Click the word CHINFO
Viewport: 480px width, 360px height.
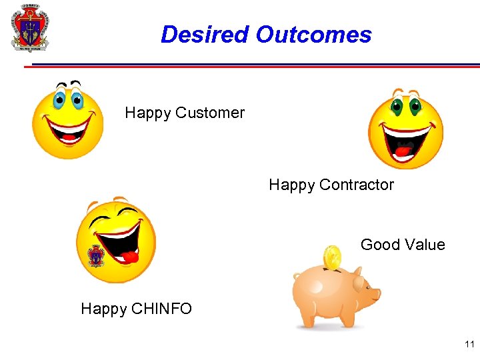pos(161,309)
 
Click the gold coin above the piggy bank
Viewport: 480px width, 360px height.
pos(331,257)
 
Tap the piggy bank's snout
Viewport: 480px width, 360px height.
pos(375,293)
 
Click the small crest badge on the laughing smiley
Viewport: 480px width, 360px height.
pos(97,255)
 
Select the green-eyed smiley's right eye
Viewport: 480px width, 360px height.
pos(415,106)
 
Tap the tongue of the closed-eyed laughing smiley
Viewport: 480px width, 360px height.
pos(131,257)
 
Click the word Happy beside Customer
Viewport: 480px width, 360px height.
pos(147,113)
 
